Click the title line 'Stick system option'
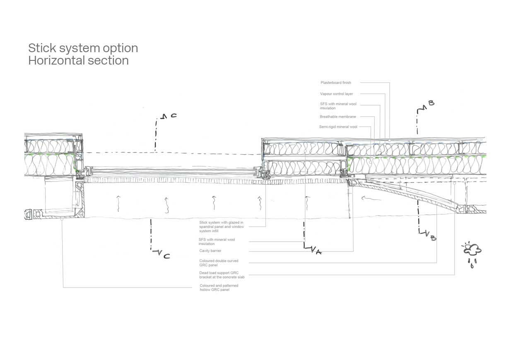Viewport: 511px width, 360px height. coord(83,48)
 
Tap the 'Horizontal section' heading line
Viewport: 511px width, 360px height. coord(79,60)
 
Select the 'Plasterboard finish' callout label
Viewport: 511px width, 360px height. coord(335,82)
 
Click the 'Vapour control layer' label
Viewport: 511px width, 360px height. coord(336,94)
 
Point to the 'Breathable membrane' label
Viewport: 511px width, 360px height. coord(337,117)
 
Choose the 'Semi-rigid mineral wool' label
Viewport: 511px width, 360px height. coord(338,127)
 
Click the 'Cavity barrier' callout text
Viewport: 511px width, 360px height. coord(210,251)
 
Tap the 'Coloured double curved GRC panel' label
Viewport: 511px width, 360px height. coord(219,263)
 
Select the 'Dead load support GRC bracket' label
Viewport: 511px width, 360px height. coord(222,275)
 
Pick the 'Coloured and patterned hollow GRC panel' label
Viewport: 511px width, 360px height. coord(219,288)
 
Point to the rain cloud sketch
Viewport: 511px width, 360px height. coord(472,254)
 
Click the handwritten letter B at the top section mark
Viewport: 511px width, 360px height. coord(431,103)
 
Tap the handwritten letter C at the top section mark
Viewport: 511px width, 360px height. coord(174,115)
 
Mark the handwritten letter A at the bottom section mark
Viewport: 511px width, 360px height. coord(319,251)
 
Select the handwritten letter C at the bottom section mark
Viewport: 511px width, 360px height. coord(167,256)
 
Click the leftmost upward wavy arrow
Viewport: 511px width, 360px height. coord(118,203)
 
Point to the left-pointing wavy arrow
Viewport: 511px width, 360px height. coord(371,198)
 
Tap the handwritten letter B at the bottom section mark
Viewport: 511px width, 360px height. coord(433,238)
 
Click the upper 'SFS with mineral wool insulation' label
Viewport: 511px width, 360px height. coord(338,106)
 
